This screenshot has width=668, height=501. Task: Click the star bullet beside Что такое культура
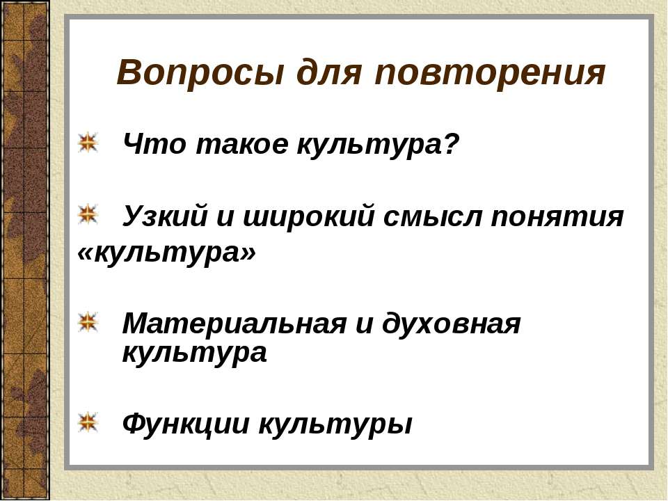click(88, 143)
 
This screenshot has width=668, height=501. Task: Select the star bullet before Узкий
click(88, 215)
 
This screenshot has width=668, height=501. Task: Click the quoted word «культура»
click(167, 254)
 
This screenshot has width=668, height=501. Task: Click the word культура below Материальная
click(194, 353)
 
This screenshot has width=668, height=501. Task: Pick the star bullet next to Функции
click(88, 420)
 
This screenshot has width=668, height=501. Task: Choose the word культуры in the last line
click(335, 423)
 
